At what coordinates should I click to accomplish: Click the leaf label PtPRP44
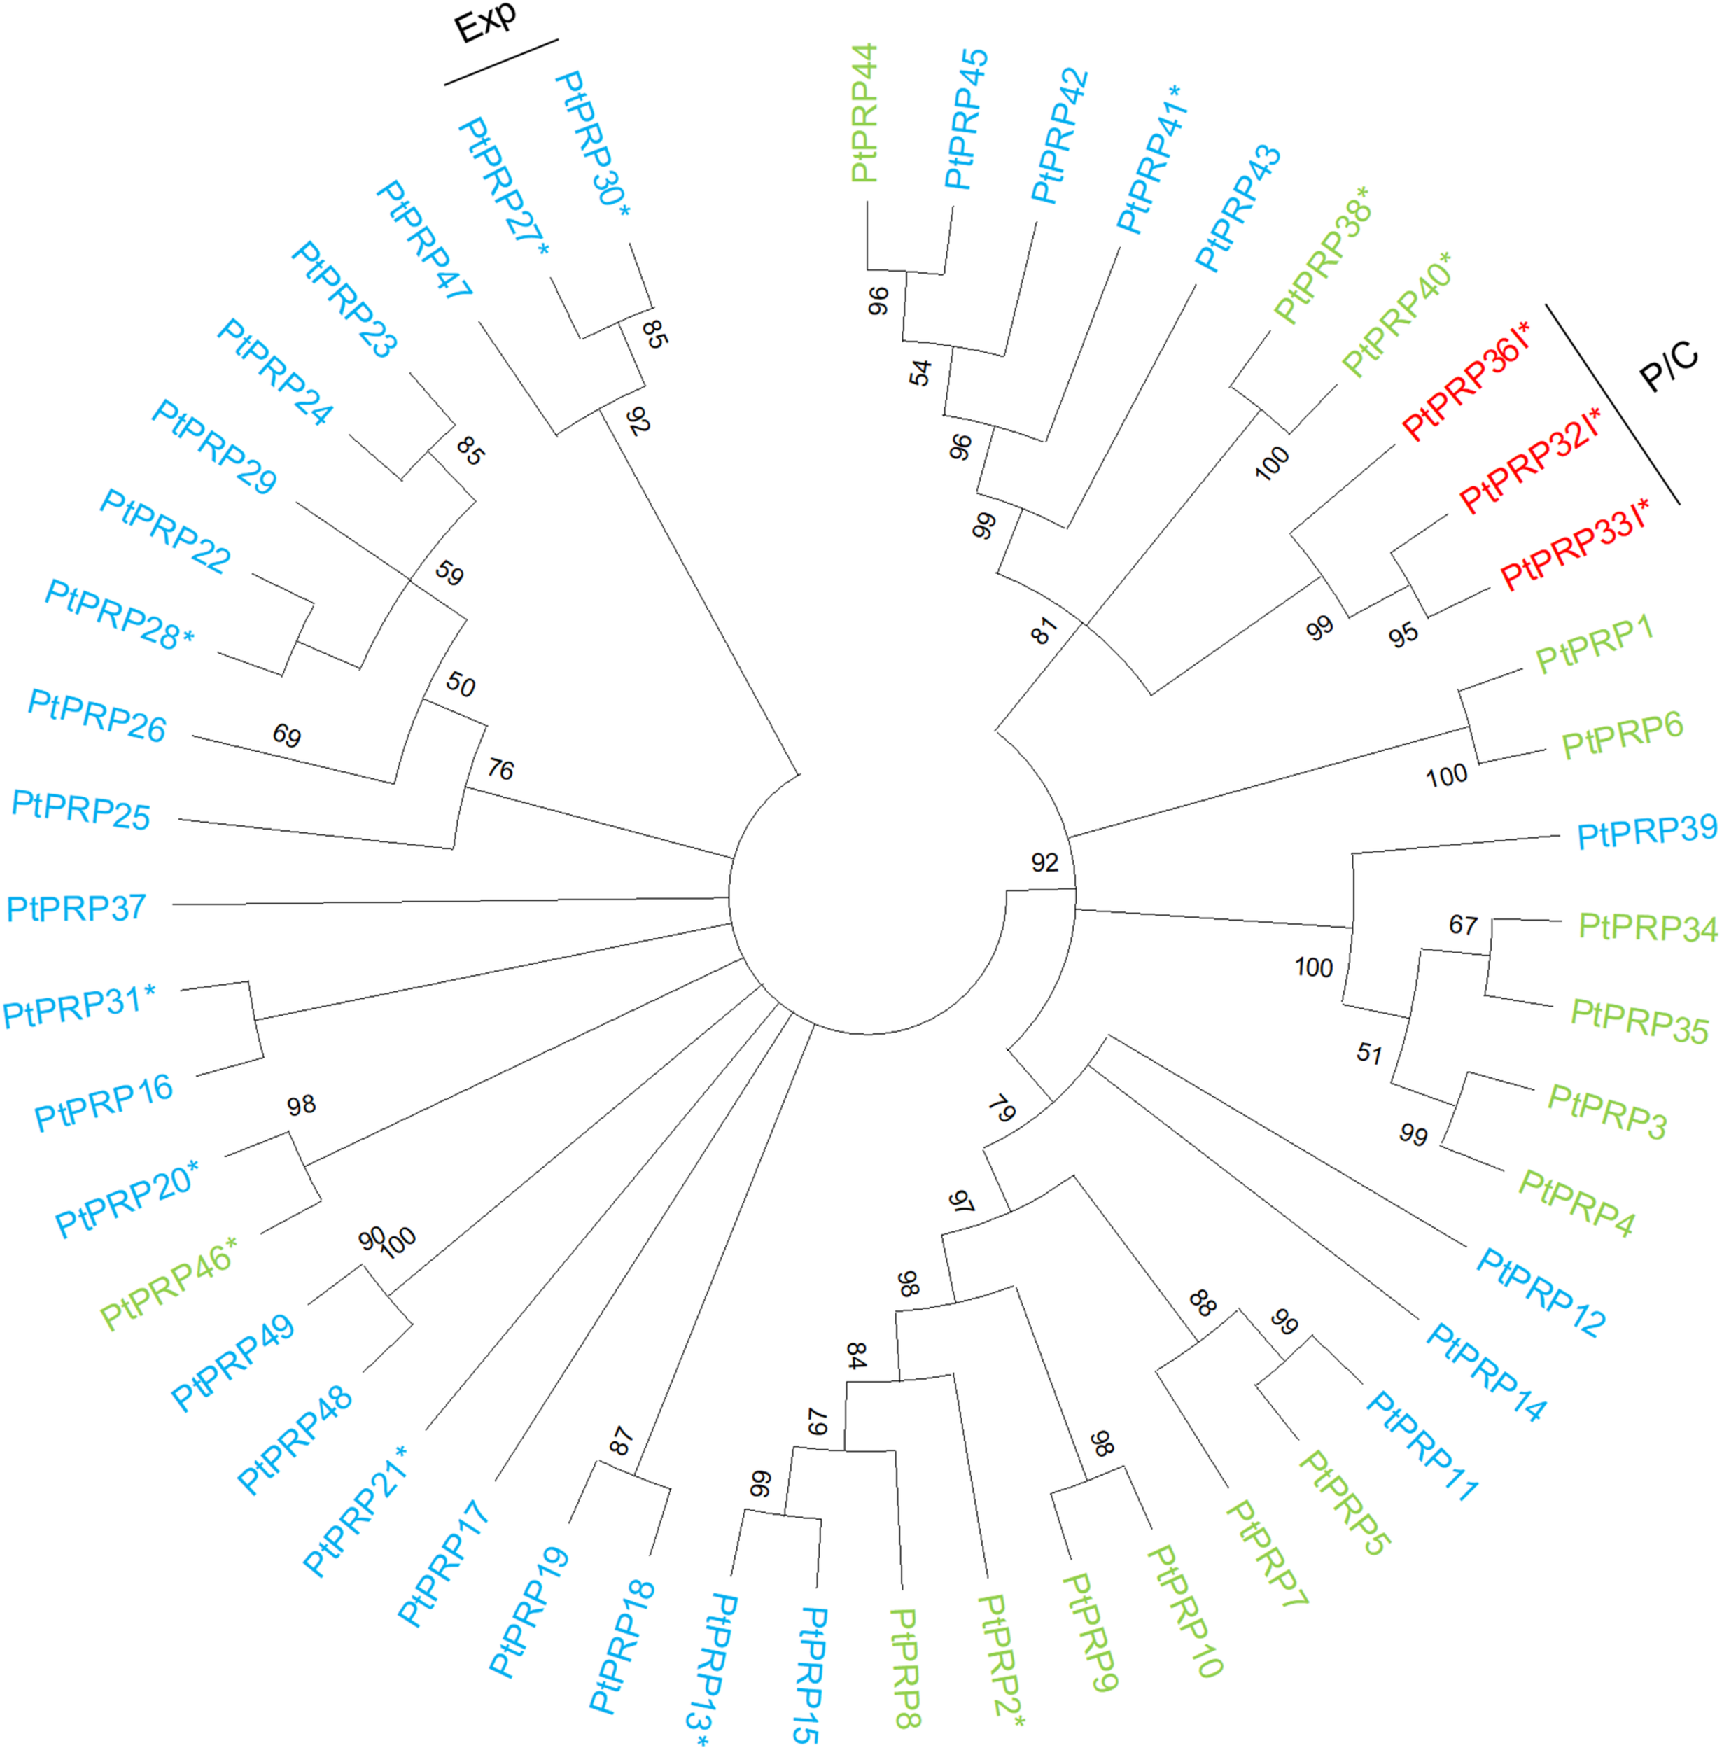864,113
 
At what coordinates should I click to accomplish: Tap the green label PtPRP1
1595,644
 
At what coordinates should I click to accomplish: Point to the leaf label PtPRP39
1646,830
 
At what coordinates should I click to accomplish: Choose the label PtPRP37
76,907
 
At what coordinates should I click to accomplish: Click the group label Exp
486,22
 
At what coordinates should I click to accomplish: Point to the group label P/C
1669,366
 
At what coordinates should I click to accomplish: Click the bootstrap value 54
920,372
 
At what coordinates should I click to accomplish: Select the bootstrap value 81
1044,631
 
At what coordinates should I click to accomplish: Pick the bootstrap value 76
500,769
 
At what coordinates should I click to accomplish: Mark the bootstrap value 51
1369,1053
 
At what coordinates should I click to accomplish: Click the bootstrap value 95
1403,635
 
